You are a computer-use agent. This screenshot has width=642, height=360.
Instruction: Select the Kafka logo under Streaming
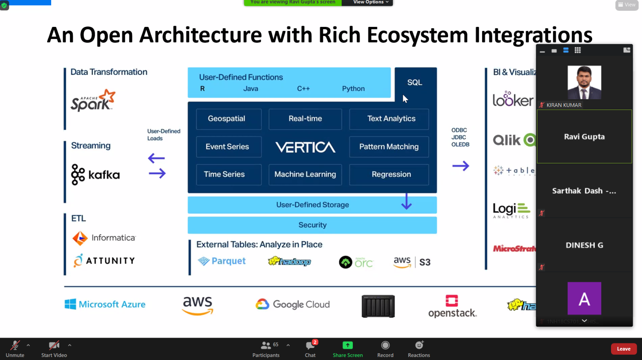pyautogui.click(x=96, y=175)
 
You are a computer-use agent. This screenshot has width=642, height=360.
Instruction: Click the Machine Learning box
pyautogui.click(x=305, y=175)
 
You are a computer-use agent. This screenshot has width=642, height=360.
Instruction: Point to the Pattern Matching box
pyautogui.click(x=389, y=147)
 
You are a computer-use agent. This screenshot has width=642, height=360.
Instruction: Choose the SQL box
pyautogui.click(x=415, y=83)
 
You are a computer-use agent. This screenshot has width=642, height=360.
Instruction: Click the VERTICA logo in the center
pyautogui.click(x=305, y=147)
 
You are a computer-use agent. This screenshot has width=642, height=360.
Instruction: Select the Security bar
pyautogui.click(x=312, y=225)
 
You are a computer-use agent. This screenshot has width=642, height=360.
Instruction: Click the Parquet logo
pyautogui.click(x=222, y=261)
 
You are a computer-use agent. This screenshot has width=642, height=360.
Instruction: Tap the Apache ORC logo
pyautogui.click(x=356, y=262)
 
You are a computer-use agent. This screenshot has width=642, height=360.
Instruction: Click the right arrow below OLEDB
pyautogui.click(x=461, y=166)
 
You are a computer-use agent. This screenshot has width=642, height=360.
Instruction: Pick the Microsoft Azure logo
pyautogui.click(x=105, y=304)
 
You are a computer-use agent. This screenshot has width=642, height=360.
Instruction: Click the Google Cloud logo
pyautogui.click(x=293, y=304)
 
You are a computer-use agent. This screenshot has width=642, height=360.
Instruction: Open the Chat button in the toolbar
pyautogui.click(x=310, y=348)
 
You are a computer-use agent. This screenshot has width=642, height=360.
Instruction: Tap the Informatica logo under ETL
pyautogui.click(x=104, y=238)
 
